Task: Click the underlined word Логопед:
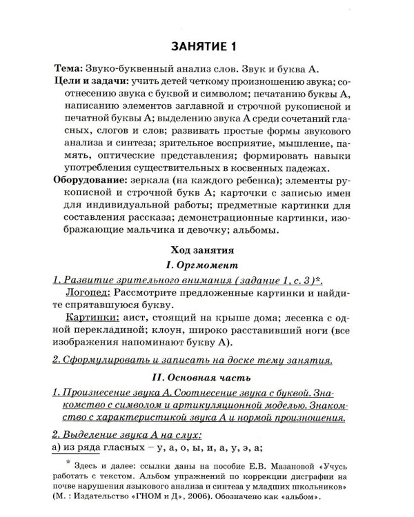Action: [88, 292]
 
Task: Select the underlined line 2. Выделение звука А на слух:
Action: [127, 434]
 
